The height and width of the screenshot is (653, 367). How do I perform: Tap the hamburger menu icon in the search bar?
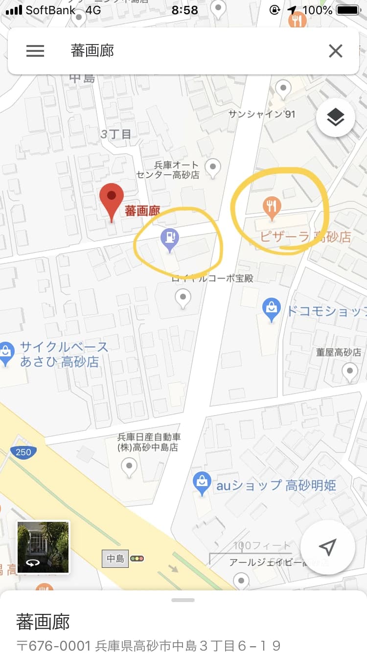pos(35,51)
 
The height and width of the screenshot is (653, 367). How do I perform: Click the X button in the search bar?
pos(335,51)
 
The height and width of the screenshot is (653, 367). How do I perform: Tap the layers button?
pos(335,117)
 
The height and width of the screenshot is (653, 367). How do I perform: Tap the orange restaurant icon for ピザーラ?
pos(272,208)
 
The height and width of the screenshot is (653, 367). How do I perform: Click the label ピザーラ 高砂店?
pos(305,237)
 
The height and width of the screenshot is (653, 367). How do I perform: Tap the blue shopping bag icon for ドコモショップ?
pos(271,309)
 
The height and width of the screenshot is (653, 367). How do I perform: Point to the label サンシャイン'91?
pos(262,114)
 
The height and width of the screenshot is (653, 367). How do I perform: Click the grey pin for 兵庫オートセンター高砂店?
pos(212,167)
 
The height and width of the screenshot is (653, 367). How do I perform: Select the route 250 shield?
pos(23,452)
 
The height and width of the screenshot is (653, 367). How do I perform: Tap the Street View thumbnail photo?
pos(43,547)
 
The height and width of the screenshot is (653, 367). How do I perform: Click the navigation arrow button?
pos(327,547)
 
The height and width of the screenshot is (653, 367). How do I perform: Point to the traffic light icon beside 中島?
pos(138,558)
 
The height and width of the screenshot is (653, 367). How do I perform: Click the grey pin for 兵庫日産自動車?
pos(129,466)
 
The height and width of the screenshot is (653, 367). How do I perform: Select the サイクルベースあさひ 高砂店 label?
pos(64,354)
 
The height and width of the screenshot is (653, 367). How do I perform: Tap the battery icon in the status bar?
pos(348,10)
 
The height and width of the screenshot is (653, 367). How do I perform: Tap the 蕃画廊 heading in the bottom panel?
pos(43,621)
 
